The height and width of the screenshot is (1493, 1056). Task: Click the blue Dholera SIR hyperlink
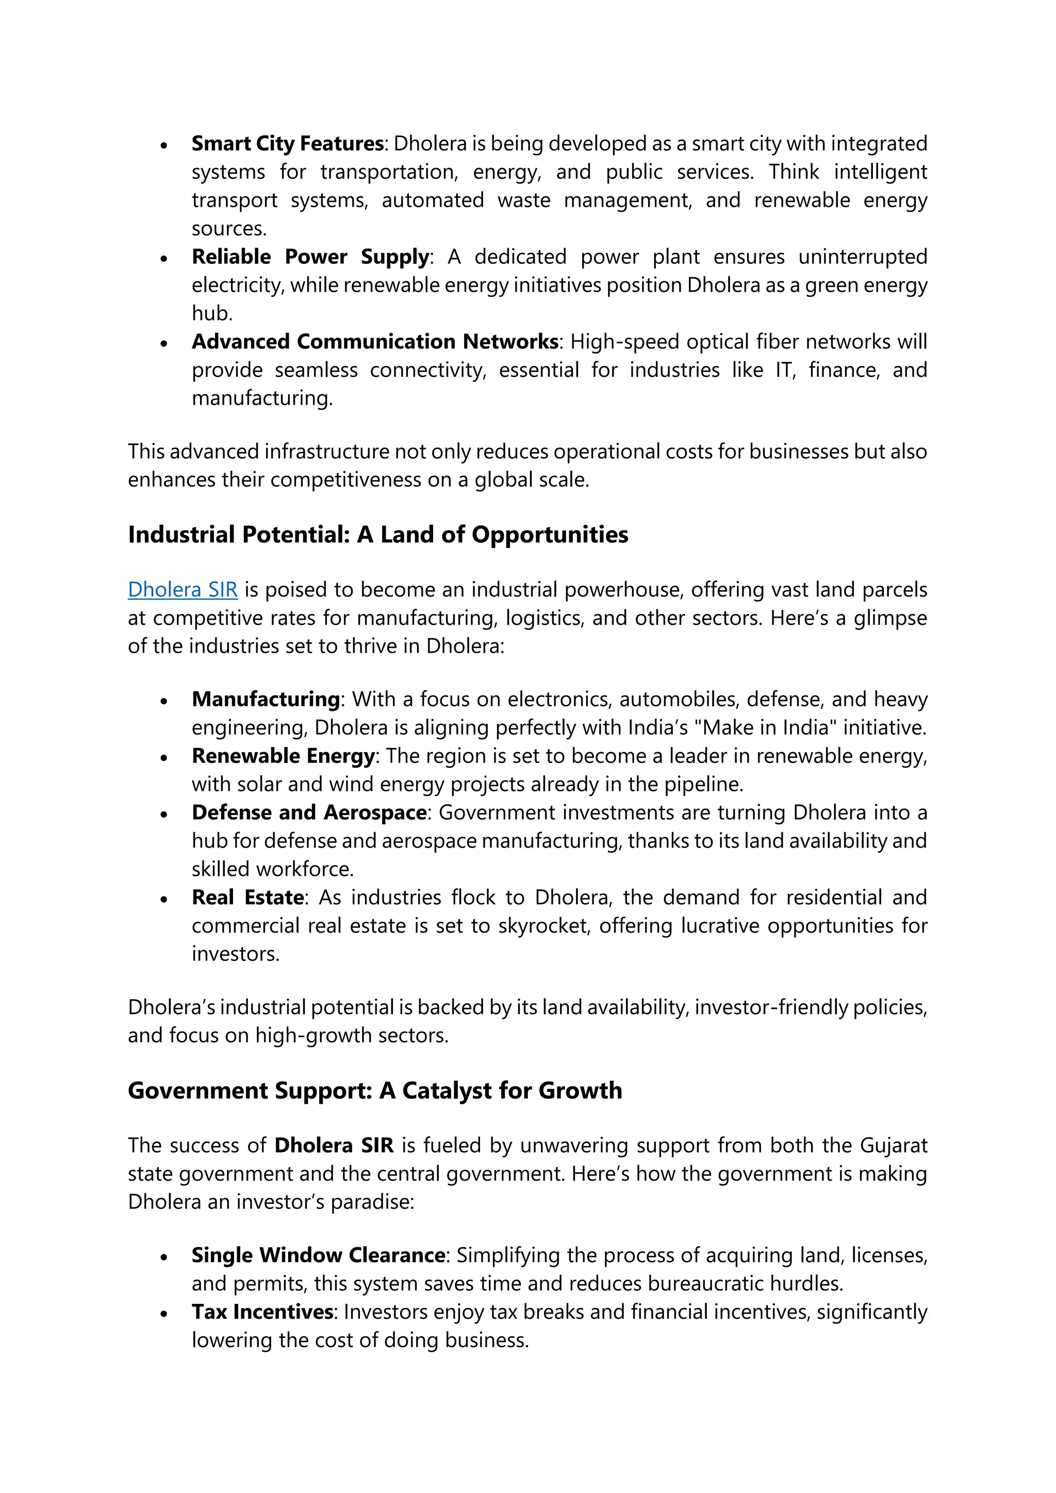(x=183, y=589)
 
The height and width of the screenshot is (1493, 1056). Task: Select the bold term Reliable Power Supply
(x=310, y=256)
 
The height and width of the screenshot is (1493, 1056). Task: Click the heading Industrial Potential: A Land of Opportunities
(x=378, y=534)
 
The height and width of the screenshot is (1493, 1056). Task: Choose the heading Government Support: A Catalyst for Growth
(x=374, y=1090)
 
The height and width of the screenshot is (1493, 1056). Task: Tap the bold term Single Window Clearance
(x=318, y=1254)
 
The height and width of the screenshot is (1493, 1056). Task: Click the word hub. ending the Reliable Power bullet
(x=212, y=313)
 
